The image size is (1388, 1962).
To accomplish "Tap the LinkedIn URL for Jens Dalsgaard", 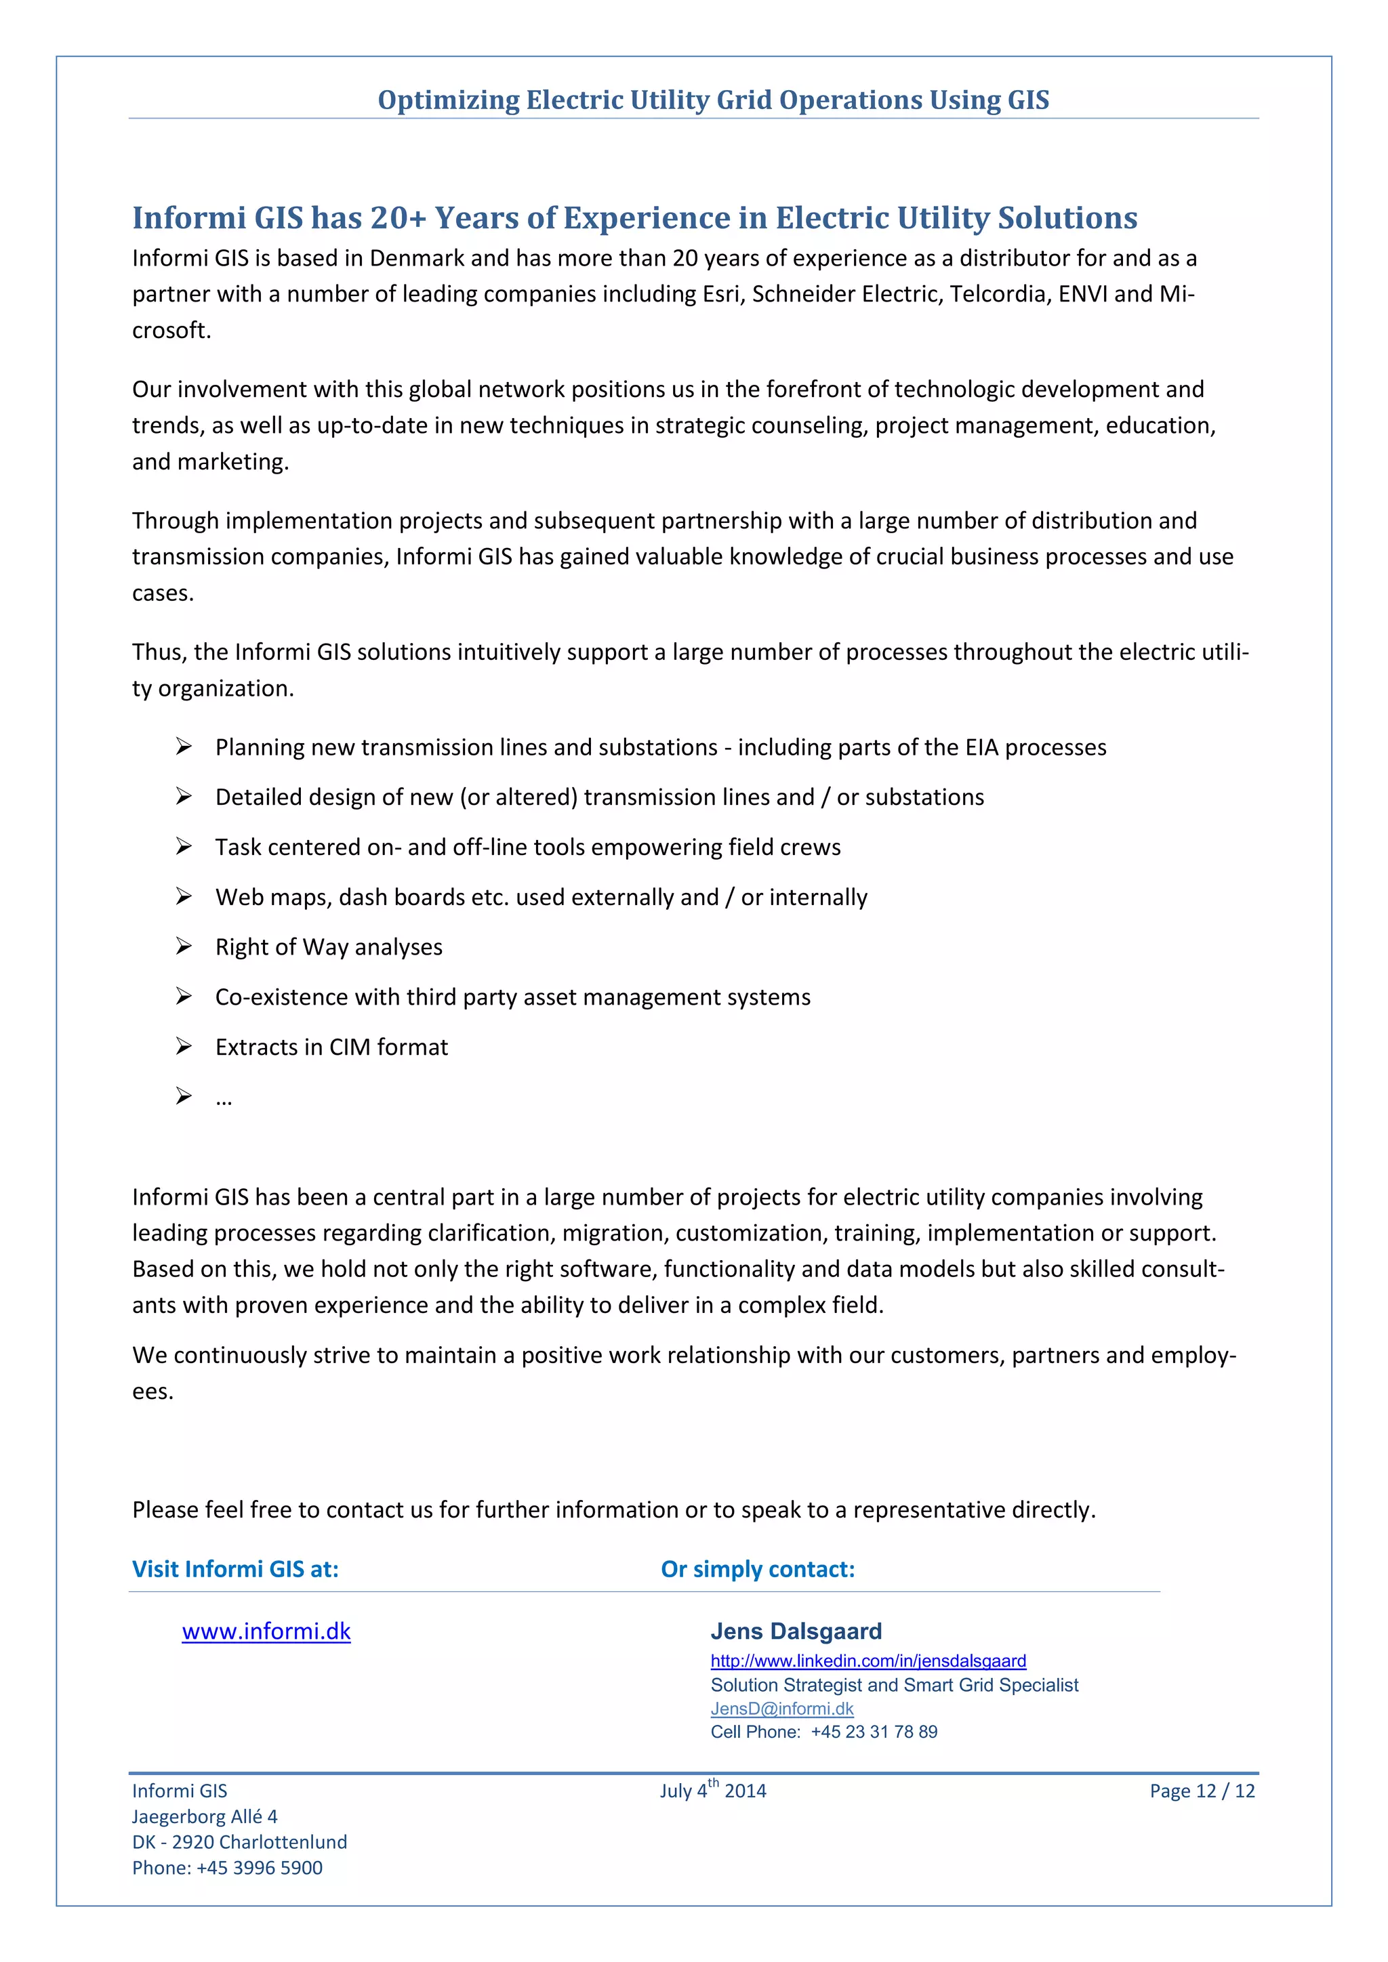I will (867, 1661).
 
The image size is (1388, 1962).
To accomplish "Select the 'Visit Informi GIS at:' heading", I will (235, 1569).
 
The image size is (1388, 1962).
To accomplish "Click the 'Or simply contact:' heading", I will (757, 1569).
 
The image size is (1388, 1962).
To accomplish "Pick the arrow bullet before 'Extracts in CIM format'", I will (184, 1046).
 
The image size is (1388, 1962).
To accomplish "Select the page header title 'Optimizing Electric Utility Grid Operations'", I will (713, 100).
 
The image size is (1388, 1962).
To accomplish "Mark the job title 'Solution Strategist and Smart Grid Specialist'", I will (894, 1684).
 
